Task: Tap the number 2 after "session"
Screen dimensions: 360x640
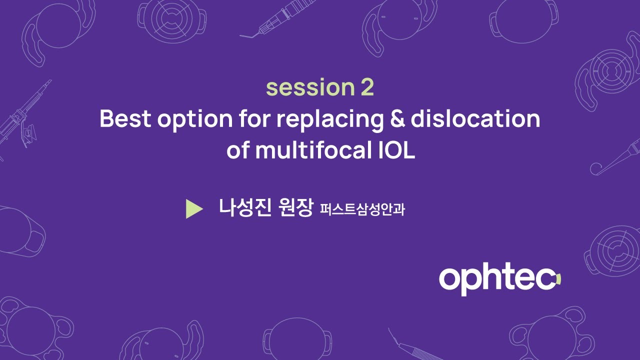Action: tap(366, 88)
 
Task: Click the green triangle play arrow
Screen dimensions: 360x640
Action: tap(193, 209)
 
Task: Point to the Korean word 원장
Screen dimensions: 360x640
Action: tap(294, 207)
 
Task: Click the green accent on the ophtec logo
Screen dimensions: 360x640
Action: tap(558, 279)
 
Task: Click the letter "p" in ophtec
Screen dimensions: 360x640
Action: tap(471, 282)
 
